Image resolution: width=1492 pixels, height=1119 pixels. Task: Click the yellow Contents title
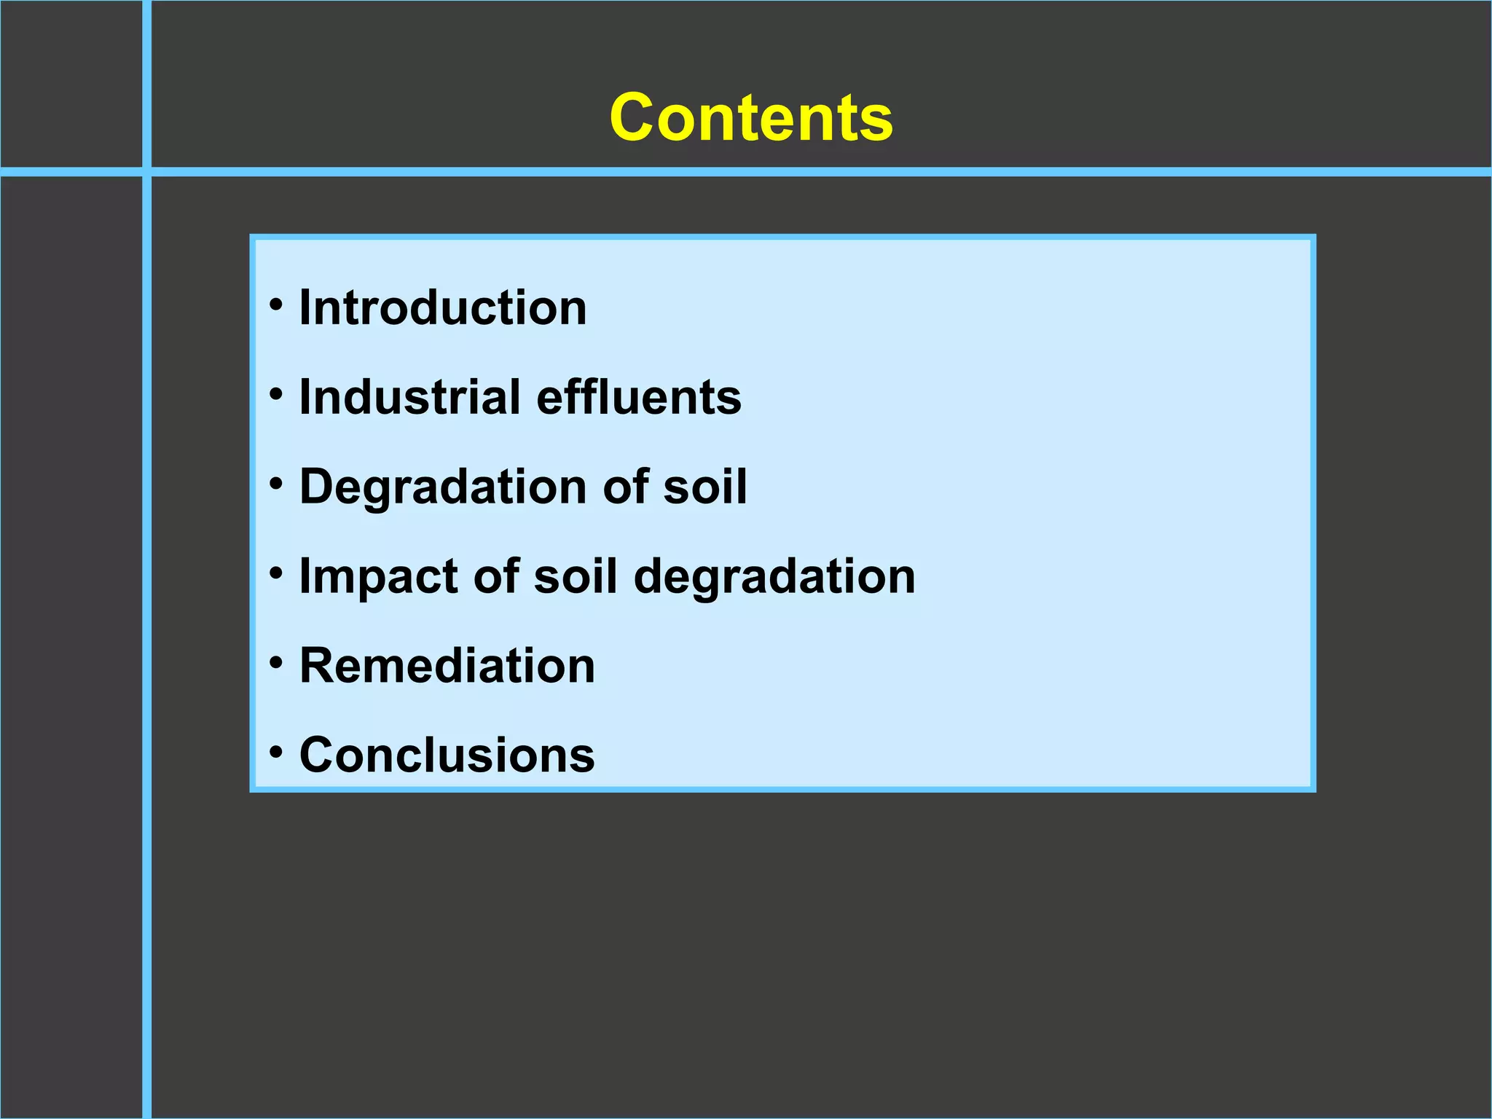pyautogui.click(x=751, y=118)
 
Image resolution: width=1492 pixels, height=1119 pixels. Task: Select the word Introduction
pyautogui.click(x=443, y=307)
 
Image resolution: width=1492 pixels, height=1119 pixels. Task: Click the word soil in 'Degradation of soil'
pyautogui.click(x=704, y=487)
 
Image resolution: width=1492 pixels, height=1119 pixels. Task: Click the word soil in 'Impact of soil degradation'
pyautogui.click(x=576, y=576)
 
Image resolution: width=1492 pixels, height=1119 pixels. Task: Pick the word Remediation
pyautogui.click(x=447, y=666)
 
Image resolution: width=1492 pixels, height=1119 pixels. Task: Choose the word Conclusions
pyautogui.click(x=447, y=755)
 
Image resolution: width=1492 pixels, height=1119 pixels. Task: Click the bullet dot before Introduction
pyautogui.click(x=275, y=305)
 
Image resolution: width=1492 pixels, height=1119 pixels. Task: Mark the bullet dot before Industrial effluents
pyautogui.click(x=275, y=394)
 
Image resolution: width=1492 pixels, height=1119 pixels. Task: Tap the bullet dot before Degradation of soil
pyautogui.click(x=275, y=484)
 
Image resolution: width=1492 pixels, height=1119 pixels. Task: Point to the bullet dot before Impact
pyautogui.click(x=275, y=573)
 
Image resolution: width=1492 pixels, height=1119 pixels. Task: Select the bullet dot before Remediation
pyautogui.click(x=275, y=663)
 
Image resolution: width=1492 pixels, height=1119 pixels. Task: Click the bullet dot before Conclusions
pyautogui.click(x=275, y=752)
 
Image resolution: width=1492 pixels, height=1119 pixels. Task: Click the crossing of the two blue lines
pyautogui.click(x=147, y=172)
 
